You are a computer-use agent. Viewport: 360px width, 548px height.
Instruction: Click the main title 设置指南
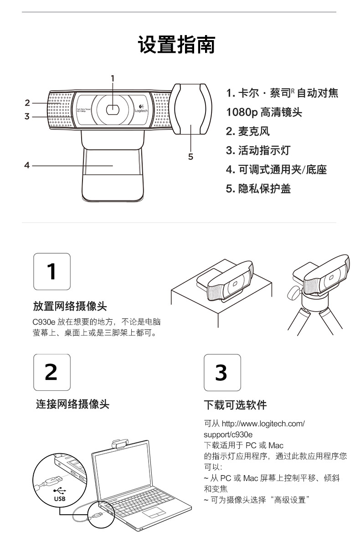point(177,44)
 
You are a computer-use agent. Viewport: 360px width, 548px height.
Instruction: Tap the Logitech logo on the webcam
point(141,108)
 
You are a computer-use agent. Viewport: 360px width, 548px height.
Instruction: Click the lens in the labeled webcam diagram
point(113,110)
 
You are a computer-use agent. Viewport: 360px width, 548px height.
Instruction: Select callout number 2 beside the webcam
point(27,103)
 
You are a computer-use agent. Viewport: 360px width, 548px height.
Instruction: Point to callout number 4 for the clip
point(27,165)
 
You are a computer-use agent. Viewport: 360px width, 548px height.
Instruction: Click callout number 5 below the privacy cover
point(190,157)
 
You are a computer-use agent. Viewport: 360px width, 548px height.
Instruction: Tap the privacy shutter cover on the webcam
point(191,109)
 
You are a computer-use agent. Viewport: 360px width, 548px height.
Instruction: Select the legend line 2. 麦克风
point(247,131)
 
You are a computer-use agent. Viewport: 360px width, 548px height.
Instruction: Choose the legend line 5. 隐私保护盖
point(258,189)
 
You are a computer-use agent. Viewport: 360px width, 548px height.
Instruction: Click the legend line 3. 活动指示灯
point(258,150)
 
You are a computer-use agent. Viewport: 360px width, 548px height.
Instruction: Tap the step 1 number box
point(52,271)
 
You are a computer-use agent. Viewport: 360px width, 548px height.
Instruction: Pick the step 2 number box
point(52,372)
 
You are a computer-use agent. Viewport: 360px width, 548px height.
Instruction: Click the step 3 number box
point(222,372)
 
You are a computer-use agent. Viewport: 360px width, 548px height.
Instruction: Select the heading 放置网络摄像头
point(70,306)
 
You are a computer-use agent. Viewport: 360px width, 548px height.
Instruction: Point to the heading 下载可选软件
point(235,405)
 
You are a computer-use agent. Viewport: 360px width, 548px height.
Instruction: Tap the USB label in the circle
point(60,499)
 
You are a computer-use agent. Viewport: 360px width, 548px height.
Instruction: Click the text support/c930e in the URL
point(228,435)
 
